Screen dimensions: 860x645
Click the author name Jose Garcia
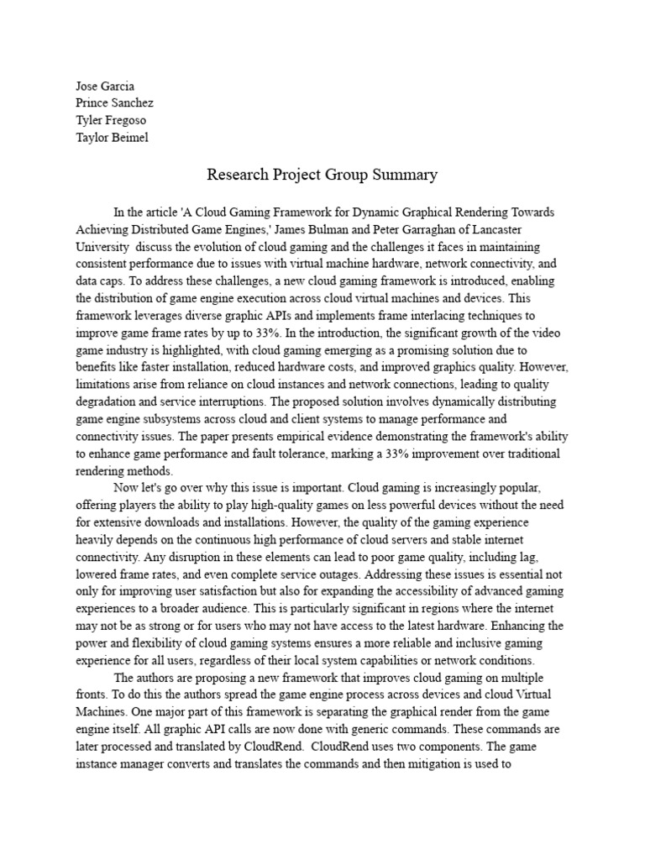106,87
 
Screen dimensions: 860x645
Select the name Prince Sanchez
114,103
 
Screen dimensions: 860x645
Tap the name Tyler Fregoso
110,120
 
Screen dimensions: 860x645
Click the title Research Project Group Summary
322,176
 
